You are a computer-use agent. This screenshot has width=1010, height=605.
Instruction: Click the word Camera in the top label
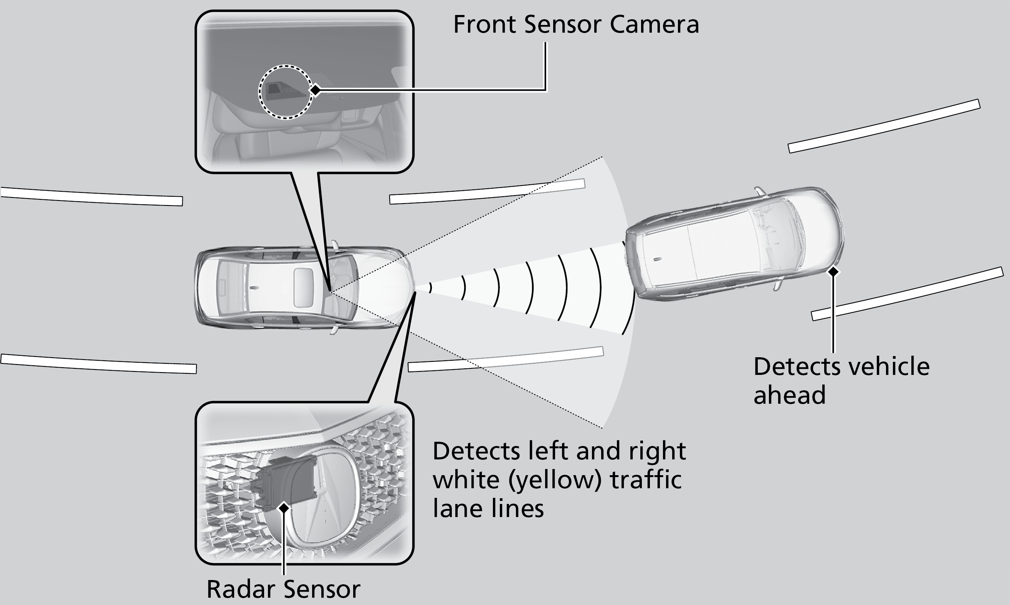(x=654, y=25)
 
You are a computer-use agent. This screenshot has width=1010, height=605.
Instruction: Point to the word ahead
(x=789, y=394)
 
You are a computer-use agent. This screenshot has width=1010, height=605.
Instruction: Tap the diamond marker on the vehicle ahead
(x=833, y=271)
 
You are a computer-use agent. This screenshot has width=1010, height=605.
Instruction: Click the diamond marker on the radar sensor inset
(x=284, y=507)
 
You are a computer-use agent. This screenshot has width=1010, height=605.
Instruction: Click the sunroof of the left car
(x=304, y=287)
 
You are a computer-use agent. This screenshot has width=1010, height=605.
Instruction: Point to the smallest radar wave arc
(x=430, y=287)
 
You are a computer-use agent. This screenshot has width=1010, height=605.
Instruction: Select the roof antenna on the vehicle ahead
(x=658, y=259)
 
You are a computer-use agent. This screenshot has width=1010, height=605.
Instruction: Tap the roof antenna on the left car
(x=254, y=288)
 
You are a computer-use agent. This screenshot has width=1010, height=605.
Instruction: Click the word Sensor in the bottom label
(x=322, y=589)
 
